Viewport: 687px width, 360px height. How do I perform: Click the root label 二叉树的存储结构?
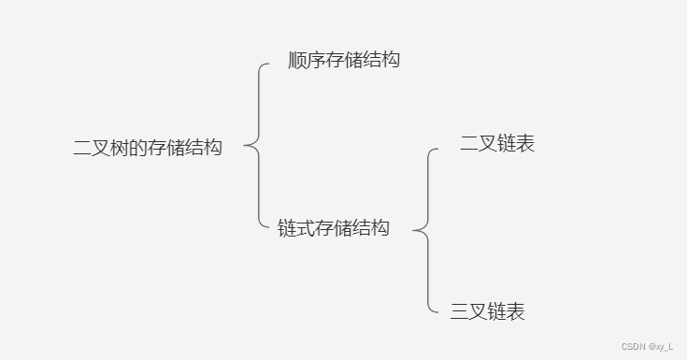tap(148, 147)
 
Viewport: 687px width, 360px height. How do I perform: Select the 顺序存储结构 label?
tap(344, 61)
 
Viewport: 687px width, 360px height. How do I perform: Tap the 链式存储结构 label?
tap(334, 227)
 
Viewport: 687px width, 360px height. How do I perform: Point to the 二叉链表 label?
tap(497, 144)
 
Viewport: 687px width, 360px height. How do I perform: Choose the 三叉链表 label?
tap(488, 311)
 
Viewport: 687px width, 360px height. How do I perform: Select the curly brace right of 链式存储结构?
tap(425, 228)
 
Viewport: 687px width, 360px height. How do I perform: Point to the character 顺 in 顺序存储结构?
tap(298, 61)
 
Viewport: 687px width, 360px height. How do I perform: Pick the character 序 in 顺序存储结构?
tap(317, 61)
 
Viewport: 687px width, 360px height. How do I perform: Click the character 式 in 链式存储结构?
tap(306, 227)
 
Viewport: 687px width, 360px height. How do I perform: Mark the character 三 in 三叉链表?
tap(460, 311)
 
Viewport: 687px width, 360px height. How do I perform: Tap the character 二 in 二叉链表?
tap(469, 144)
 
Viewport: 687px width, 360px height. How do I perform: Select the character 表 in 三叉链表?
tap(516, 311)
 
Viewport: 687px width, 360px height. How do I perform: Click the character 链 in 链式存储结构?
tap(287, 227)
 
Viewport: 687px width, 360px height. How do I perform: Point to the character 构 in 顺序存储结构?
tap(391, 61)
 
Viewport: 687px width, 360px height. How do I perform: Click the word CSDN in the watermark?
tap(633, 346)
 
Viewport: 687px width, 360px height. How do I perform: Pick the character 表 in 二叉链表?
tap(525, 144)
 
